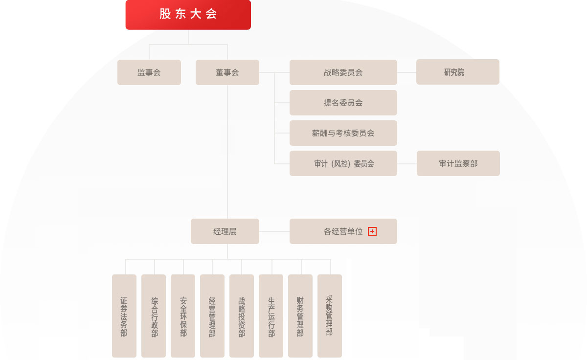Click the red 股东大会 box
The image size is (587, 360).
[x=188, y=14]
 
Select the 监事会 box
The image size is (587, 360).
[x=149, y=72]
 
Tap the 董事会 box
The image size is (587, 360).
[x=227, y=72]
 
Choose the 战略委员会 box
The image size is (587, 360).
[x=343, y=72]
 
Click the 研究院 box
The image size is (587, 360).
[x=458, y=72]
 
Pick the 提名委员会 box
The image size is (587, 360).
[x=343, y=103]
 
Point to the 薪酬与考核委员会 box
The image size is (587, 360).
[x=343, y=133]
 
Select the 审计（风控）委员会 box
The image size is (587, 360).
[x=343, y=163]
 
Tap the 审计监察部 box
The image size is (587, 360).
[x=458, y=163]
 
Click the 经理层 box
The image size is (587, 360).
[x=225, y=231]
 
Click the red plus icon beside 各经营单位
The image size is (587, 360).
[x=372, y=231]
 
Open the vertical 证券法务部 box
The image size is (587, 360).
[x=124, y=316]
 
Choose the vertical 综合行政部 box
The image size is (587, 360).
[x=154, y=316]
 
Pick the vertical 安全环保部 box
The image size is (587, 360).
[x=183, y=316]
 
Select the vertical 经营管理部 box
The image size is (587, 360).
[x=212, y=316]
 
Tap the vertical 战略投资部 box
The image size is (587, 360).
[x=242, y=316]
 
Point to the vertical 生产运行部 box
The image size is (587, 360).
[x=271, y=316]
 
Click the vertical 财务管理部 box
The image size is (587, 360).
[x=300, y=316]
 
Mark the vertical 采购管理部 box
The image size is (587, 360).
[x=330, y=316]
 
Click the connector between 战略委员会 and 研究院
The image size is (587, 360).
[x=406, y=72]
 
